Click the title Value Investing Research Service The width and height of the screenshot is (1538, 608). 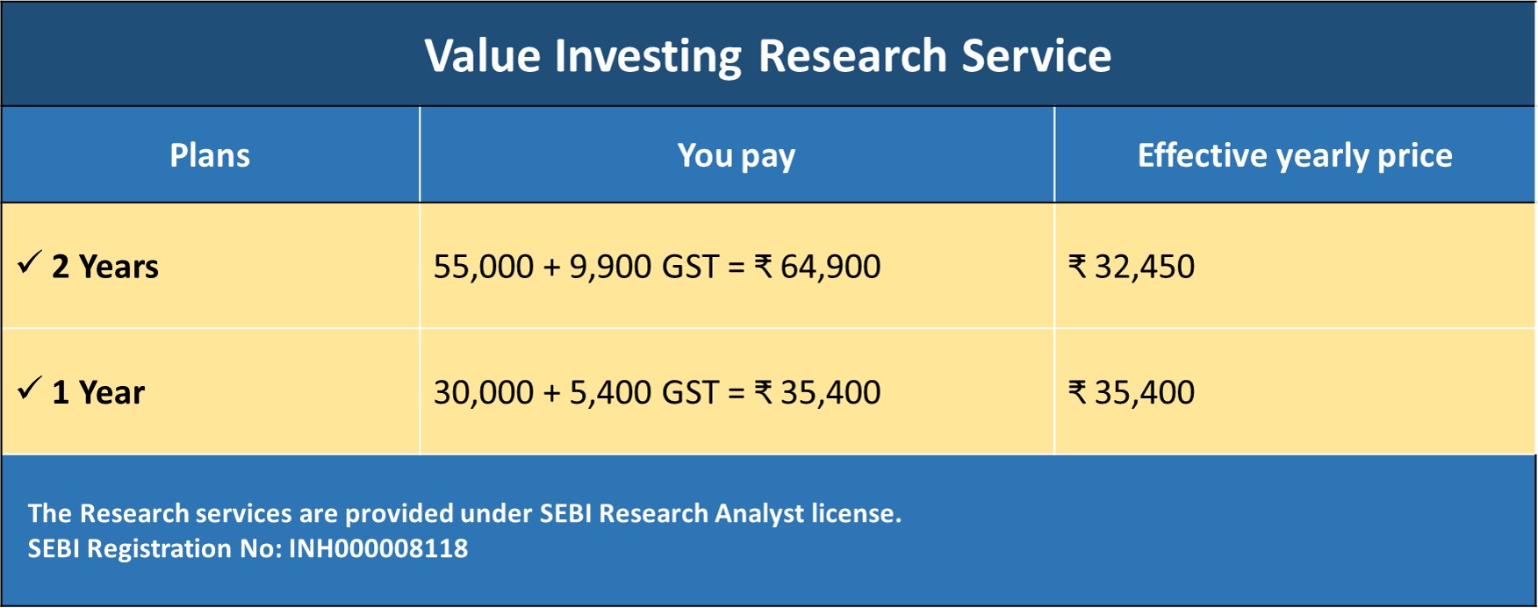[768, 56]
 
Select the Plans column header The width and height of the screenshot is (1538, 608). [210, 155]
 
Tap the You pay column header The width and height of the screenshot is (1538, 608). [737, 156]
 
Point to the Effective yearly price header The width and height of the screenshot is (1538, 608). [1295, 156]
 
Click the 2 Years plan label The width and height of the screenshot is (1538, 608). [105, 267]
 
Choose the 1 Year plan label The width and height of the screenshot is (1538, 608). [98, 392]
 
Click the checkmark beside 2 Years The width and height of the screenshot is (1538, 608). [29, 262]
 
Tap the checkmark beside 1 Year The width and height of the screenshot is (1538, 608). [29, 388]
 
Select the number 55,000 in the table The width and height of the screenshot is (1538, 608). [484, 267]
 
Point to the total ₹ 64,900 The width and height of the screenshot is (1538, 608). [817, 267]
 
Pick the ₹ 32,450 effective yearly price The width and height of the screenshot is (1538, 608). [1132, 267]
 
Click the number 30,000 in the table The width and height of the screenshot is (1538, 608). [484, 392]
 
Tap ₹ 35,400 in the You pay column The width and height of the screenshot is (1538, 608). [817, 392]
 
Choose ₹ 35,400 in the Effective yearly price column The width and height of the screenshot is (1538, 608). [1132, 392]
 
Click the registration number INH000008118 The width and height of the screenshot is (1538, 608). [378, 549]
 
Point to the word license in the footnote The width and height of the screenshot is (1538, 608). [856, 513]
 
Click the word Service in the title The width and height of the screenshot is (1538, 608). [1037, 56]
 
